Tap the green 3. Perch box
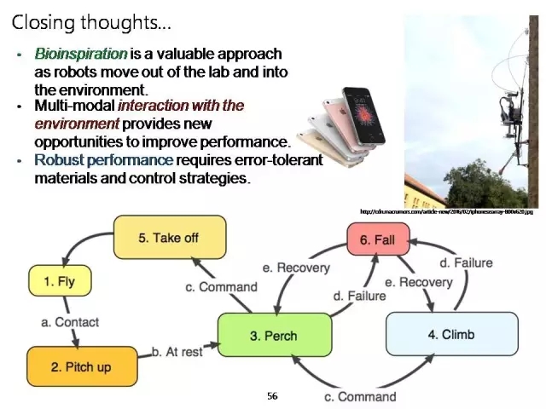click(x=273, y=336)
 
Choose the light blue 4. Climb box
click(x=451, y=334)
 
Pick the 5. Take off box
click(x=170, y=237)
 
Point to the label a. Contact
click(x=71, y=322)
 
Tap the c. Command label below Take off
click(x=221, y=287)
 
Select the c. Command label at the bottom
click(x=360, y=396)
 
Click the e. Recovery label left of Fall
click(x=296, y=268)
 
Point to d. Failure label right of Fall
click(x=466, y=262)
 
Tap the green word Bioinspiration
click(x=80, y=54)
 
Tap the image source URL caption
click(x=445, y=211)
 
